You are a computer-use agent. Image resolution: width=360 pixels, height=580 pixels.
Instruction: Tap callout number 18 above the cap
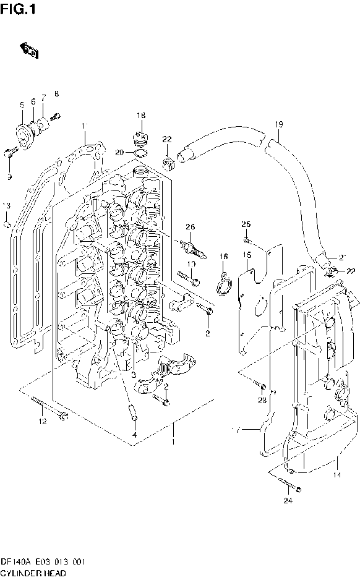click(x=141, y=116)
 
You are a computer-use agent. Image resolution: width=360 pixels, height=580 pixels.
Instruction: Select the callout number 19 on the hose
click(x=279, y=124)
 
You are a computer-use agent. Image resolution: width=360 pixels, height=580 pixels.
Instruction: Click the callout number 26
click(x=190, y=228)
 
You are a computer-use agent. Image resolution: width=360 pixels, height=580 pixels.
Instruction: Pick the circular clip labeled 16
click(x=223, y=284)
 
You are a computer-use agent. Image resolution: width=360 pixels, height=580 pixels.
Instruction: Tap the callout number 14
click(x=336, y=476)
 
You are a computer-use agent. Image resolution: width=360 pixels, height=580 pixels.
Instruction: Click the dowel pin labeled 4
click(x=133, y=412)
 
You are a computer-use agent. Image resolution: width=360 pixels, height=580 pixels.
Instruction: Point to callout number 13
click(x=7, y=205)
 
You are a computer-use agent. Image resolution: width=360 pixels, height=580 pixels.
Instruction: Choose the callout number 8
click(x=56, y=93)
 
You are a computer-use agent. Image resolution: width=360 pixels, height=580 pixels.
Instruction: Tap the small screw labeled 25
click(x=246, y=239)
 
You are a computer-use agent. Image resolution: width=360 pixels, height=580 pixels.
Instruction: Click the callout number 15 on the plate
click(x=246, y=255)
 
